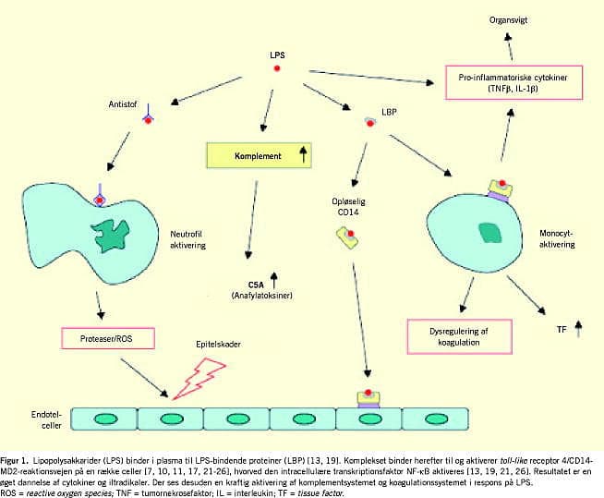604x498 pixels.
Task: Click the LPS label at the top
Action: (277, 55)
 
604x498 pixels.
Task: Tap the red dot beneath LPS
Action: (277, 70)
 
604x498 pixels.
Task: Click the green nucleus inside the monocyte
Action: (491, 233)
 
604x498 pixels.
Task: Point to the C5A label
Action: (256, 284)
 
